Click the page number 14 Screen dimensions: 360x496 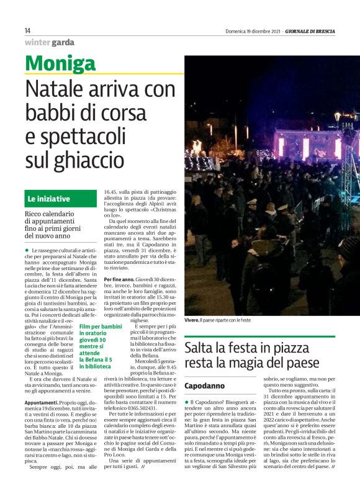click(x=28, y=31)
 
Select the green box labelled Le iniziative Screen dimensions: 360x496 click(x=61, y=199)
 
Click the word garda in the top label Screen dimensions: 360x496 click(x=63, y=43)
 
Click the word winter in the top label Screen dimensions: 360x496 click(x=38, y=43)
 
